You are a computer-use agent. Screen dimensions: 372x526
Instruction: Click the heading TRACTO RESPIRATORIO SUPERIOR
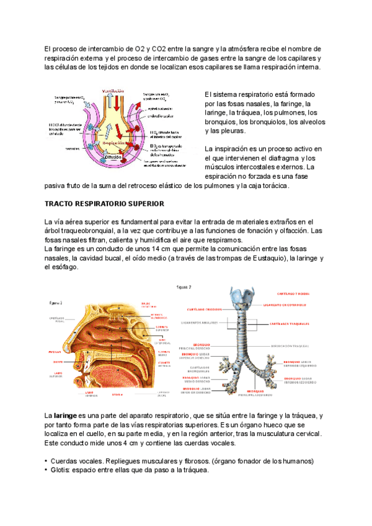click(104, 203)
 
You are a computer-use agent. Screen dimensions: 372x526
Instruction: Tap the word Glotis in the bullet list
click(61, 470)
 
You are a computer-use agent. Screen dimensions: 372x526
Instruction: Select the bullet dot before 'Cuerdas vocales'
click(46, 461)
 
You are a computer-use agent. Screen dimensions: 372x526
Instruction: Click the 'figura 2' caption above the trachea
click(184, 287)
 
